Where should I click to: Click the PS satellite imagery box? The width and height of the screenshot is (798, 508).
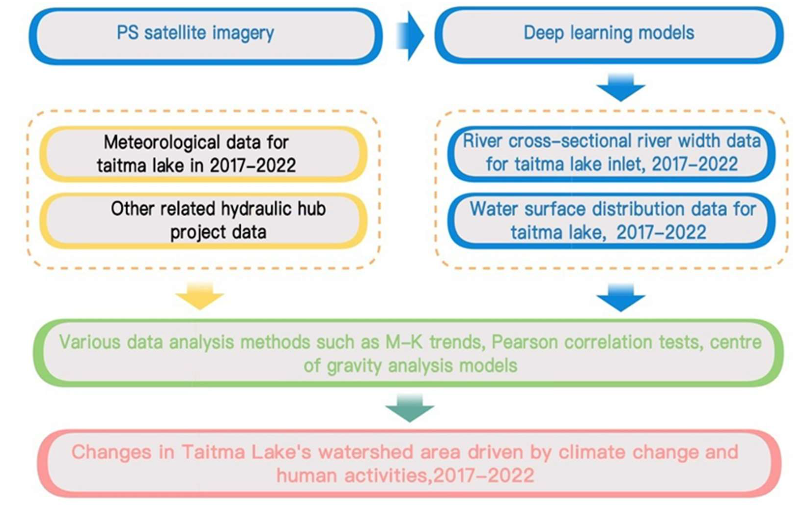pos(206,36)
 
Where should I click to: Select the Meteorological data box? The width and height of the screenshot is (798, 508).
pos(203,154)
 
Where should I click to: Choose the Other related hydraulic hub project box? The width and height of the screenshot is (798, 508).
pos(203,221)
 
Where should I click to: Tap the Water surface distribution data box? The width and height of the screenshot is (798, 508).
pos(611,221)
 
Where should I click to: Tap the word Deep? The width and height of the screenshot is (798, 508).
pos(543,33)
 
